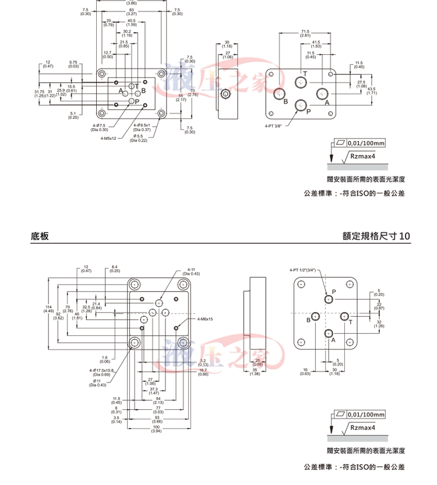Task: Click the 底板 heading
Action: pyautogui.click(x=40, y=236)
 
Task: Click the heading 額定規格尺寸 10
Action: pyautogui.click(x=376, y=236)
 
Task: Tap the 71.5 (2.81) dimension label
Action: pyautogui.click(x=305, y=33)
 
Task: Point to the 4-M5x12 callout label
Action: pyautogui.click(x=108, y=139)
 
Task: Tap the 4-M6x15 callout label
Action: pyautogui.click(x=205, y=319)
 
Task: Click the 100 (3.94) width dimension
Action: pyautogui.click(x=156, y=429)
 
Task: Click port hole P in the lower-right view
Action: pyautogui.click(x=329, y=299)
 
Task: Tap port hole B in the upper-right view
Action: pyautogui.click(x=280, y=94)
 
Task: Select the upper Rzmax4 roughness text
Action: pyautogui.click(x=363, y=156)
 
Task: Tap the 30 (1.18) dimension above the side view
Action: pyautogui.click(x=227, y=44)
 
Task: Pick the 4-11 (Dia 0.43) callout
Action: pyautogui.click(x=193, y=271)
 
